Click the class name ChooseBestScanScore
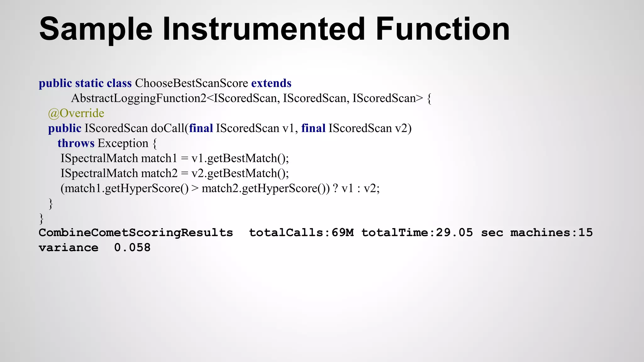pos(192,83)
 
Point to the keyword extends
pos(271,83)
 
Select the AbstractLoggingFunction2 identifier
pos(139,98)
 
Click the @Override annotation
pos(76,113)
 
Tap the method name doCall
pos(168,128)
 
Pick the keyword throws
pos(76,143)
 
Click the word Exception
pos(123,143)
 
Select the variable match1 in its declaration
pos(159,158)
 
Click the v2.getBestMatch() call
pos(240,173)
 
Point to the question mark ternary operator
pos(335,188)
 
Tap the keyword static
pos(89,83)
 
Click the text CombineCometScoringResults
pos(136,233)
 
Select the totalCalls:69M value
pos(301,233)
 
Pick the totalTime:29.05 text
pos(417,233)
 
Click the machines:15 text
pos(551,233)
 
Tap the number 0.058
pos(132,248)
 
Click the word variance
pos(68,248)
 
